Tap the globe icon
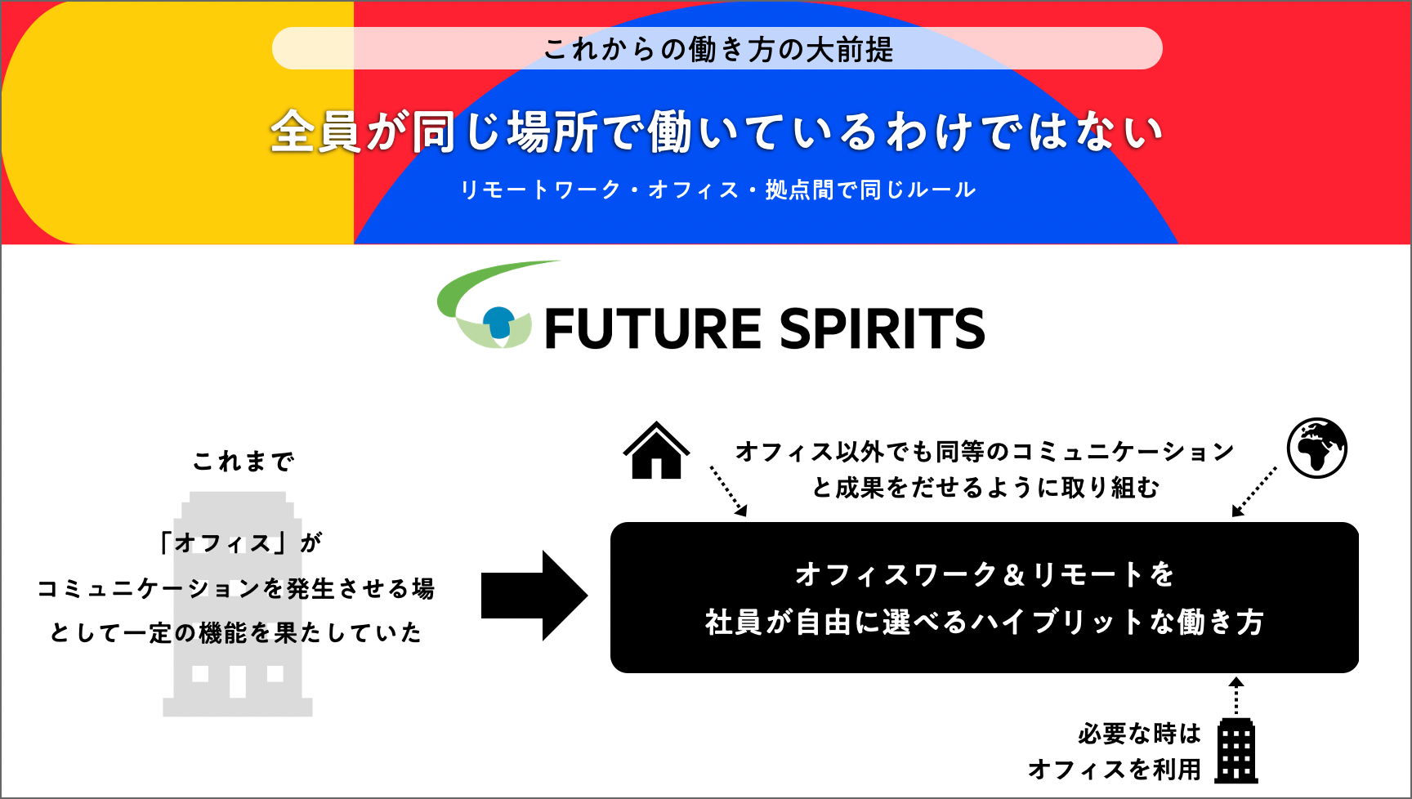point(1316,448)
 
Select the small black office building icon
point(1235,751)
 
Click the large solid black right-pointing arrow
point(534,596)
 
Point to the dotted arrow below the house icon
point(728,490)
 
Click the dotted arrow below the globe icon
point(1253,492)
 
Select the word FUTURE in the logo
point(653,329)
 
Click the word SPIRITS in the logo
point(882,329)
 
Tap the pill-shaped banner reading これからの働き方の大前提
point(717,49)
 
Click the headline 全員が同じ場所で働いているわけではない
point(717,132)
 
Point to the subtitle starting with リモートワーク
point(717,190)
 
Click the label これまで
point(244,462)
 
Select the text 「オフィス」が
point(240,542)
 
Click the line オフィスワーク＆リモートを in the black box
point(985,574)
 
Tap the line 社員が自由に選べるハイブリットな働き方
point(985,623)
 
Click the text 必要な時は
point(1139,734)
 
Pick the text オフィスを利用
point(1115,770)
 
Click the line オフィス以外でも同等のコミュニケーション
point(985,452)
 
